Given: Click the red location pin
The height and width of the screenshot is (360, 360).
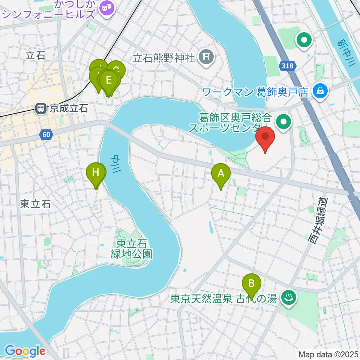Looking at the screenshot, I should point(265,138).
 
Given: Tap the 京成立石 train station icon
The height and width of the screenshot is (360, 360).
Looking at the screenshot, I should point(40,109).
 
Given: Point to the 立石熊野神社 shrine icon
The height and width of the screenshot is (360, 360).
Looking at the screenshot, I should point(206,57).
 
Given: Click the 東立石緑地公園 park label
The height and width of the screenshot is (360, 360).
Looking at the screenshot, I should point(131,248).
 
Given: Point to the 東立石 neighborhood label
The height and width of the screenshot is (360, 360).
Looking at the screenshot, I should point(35,204).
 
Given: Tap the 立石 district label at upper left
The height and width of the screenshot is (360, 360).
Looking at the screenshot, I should point(35,56).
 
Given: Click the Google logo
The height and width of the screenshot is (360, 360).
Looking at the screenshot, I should point(25,351).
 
